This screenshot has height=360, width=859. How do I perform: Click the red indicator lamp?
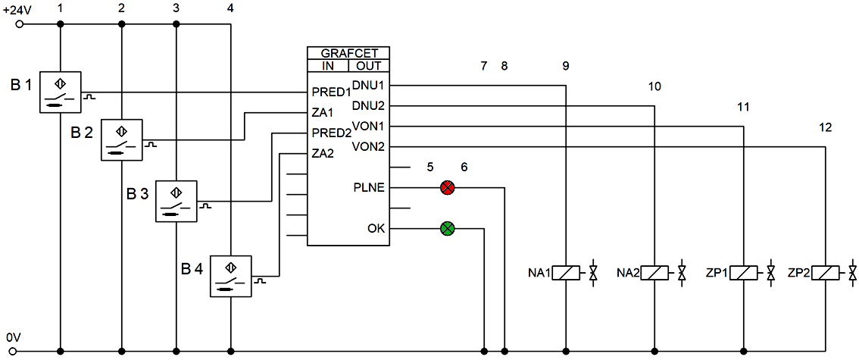point(448,188)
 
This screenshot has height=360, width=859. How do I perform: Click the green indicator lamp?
point(448,228)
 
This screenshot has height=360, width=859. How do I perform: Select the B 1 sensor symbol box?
point(61,92)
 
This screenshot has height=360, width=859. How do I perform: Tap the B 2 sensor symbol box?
point(122,139)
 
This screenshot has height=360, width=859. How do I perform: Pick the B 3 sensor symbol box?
point(176,201)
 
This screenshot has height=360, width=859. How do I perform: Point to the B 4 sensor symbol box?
point(231,276)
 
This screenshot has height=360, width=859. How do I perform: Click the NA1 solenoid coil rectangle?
point(566,272)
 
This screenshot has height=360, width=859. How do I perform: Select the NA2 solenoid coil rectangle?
point(654,272)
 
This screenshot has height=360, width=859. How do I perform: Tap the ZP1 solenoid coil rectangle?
point(743,272)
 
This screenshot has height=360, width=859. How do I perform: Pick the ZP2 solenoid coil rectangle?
point(825,272)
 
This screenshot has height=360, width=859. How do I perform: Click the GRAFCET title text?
point(348,53)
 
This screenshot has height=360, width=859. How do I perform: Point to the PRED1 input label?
point(331,91)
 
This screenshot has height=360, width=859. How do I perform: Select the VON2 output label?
point(369,146)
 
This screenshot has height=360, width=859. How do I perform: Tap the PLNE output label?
point(370,188)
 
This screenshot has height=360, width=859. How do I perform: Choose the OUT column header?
point(369,66)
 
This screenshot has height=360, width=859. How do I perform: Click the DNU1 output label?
point(369,85)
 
